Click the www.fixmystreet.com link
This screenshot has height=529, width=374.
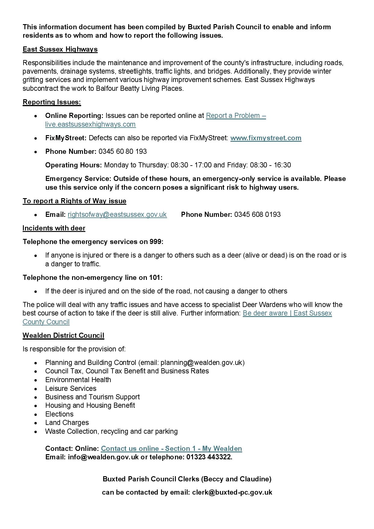point(266,138)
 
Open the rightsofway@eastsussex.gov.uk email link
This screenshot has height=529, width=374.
point(117,214)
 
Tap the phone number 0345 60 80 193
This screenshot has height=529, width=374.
point(122,151)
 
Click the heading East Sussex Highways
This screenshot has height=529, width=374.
point(60,49)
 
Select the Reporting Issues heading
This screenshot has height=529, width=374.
point(52,102)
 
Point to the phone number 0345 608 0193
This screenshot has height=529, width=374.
point(257,214)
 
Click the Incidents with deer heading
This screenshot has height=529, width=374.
point(54,228)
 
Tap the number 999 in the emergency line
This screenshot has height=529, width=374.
point(156,242)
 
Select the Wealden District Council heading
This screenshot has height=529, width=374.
point(63,335)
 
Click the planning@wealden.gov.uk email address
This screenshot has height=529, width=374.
point(201,363)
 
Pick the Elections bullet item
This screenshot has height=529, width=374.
point(59,414)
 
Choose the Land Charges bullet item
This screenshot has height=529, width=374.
point(67,423)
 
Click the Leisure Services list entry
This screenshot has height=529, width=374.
point(71,388)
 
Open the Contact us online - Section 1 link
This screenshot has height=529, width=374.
point(171,448)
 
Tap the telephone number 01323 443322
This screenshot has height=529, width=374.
point(209,457)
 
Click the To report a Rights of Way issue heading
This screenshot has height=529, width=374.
point(74,201)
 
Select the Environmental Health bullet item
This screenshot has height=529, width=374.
point(78,380)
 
